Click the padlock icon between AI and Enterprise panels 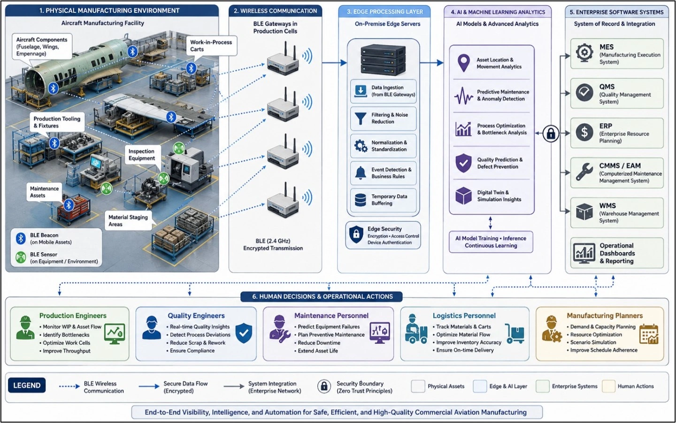coord(551,133)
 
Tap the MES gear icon coord(584,53)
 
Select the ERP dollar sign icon coord(584,133)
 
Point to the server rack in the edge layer coord(383,60)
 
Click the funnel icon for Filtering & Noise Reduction coord(361,118)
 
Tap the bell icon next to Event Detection coord(361,173)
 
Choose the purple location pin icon coord(463,63)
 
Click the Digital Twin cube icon coord(463,196)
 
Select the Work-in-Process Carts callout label coord(211,46)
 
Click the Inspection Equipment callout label coord(142,155)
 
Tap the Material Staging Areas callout coord(128,220)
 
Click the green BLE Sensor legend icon coord(21,258)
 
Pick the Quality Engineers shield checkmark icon coord(244,333)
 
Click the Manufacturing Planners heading coord(605,316)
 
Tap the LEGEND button coord(27,385)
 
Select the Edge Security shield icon coord(356,235)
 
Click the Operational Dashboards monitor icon coord(584,253)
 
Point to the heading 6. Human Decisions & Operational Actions coord(322,297)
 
